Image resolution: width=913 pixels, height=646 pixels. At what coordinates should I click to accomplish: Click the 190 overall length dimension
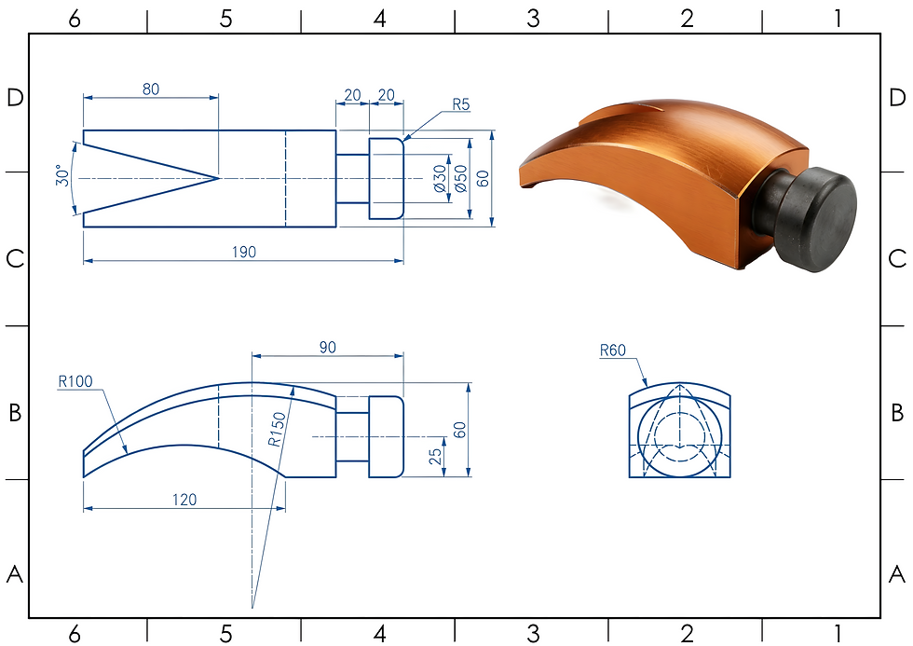point(244,252)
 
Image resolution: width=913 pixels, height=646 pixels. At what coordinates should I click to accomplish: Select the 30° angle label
point(62,175)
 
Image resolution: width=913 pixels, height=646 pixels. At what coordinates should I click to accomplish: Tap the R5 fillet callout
point(460,104)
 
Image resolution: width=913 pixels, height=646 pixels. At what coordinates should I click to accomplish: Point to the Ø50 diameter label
point(460,178)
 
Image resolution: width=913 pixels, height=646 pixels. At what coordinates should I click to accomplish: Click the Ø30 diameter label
point(440,178)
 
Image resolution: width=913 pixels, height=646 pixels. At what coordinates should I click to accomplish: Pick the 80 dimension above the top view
point(150,89)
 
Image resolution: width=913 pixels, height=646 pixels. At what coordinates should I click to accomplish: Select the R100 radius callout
point(75,381)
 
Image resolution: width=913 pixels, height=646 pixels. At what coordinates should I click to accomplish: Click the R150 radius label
point(278,430)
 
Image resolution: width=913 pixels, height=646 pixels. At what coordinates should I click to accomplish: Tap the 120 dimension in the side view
point(184,500)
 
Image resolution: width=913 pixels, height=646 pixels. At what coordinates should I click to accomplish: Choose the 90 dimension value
point(327,348)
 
